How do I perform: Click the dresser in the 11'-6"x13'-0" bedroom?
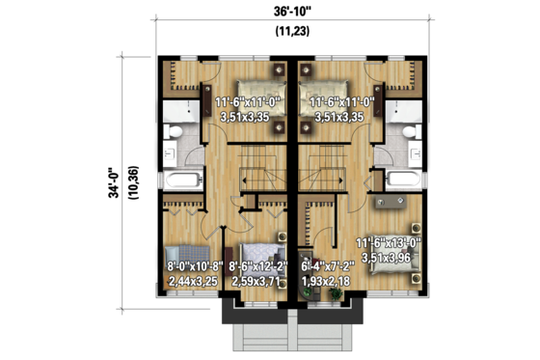pyautogui.click(x=391, y=202)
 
